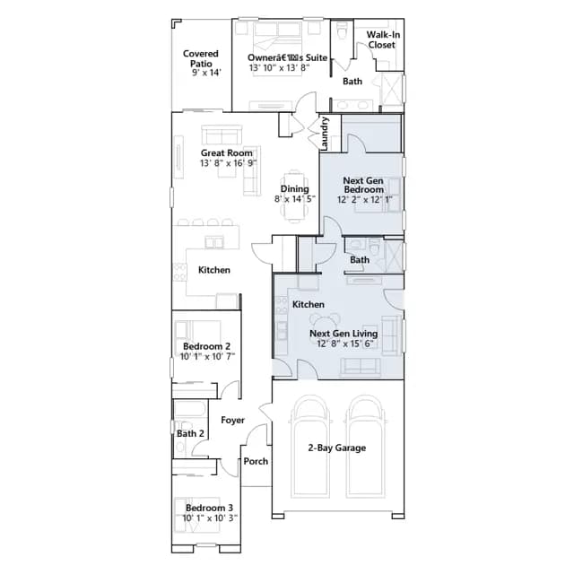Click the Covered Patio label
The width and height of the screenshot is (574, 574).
pos(201,58)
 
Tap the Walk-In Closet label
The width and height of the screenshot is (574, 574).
pos(383,39)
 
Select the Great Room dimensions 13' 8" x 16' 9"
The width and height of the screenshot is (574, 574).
pos(228,163)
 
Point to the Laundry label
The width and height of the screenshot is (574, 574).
pos(325,134)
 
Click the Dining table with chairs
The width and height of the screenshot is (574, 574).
pos(294,196)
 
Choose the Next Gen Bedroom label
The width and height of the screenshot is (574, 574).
pos(363,186)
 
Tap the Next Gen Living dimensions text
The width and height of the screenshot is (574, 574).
pos(345,344)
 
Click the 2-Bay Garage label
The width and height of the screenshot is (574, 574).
pos(337,448)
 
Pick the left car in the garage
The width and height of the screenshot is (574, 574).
pos(311,447)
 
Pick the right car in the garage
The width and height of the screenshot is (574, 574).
pos(366,447)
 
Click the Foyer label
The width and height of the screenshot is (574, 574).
pos(233,421)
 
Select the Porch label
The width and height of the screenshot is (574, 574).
pos(256,461)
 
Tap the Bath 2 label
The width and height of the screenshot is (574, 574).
pos(190,434)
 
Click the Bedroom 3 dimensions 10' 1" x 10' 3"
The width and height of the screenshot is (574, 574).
pos(210,518)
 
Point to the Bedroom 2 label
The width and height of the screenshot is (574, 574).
pos(207,346)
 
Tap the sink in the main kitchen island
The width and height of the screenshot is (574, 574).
pos(214,242)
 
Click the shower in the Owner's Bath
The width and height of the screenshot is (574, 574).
pos(393,89)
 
